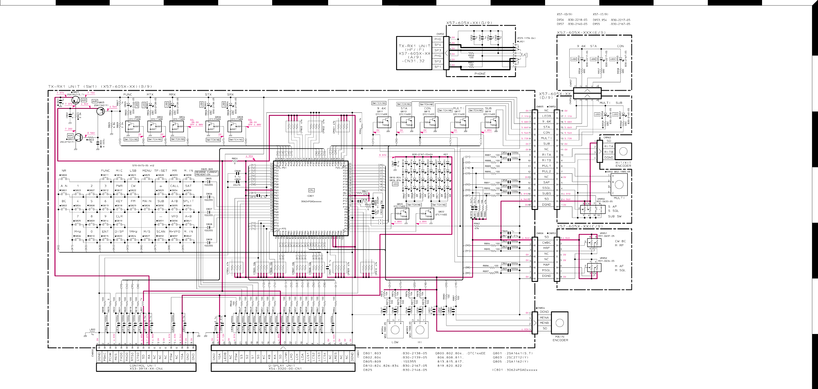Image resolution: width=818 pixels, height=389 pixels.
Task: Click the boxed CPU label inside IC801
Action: click(x=311, y=190)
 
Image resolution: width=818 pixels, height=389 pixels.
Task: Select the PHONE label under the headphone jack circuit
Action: click(x=480, y=74)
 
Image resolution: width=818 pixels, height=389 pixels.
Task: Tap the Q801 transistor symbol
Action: click(x=76, y=100)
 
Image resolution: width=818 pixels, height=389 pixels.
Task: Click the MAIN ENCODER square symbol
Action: click(x=560, y=323)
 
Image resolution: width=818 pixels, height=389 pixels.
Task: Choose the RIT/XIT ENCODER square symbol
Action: click(x=623, y=152)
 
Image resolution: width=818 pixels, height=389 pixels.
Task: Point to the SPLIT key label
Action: click(x=188, y=201)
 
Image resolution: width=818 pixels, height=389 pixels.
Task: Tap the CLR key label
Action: click(x=119, y=216)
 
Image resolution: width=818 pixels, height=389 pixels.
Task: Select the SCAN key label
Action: click(x=161, y=232)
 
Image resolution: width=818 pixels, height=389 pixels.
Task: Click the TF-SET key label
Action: click(x=161, y=171)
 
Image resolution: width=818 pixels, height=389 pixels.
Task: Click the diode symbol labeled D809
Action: click(x=209, y=242)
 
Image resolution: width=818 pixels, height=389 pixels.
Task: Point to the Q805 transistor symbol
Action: click(x=100, y=111)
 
